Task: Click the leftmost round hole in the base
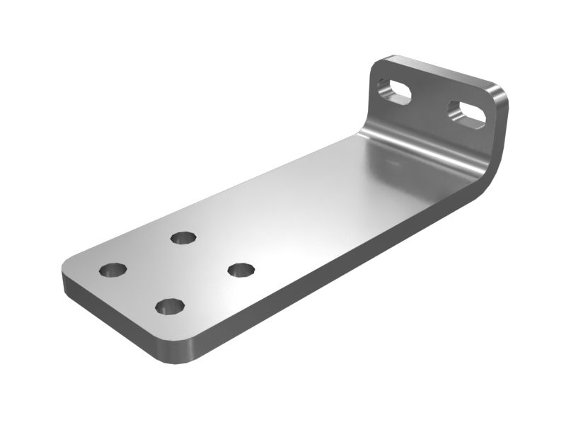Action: tap(112, 270)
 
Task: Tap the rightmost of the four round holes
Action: tap(241, 270)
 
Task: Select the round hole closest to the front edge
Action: tap(170, 307)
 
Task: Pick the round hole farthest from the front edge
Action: tap(183, 237)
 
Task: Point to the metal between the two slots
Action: tap(431, 102)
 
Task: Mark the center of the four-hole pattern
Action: tap(177, 271)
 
